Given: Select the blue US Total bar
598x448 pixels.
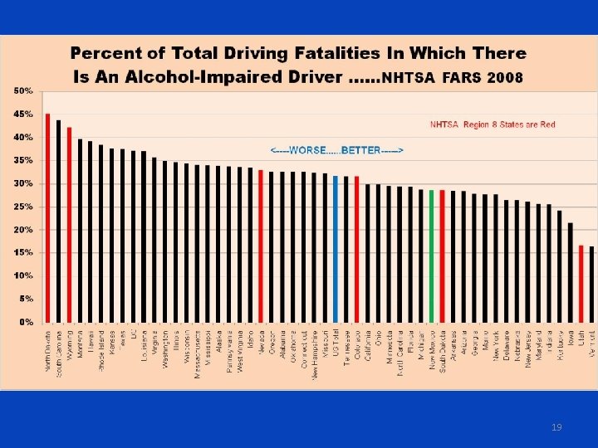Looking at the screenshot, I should pos(336,248).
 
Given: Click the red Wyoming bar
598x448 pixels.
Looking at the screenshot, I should pos(69,224).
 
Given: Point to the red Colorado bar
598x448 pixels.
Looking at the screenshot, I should pos(357,248).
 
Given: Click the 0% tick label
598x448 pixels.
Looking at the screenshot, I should pos(26,321).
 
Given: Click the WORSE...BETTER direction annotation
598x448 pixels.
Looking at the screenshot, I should pos(336,151).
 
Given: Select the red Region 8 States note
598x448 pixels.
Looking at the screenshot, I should pos(493,125).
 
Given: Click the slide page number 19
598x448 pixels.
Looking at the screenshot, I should pos(556,426).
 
